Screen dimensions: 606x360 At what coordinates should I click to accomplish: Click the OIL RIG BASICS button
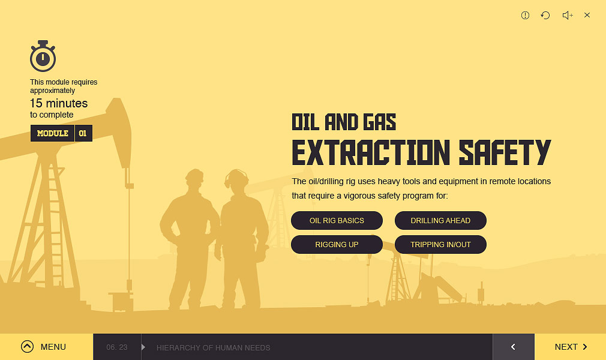point(337,220)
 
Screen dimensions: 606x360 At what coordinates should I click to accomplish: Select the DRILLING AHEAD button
point(440,220)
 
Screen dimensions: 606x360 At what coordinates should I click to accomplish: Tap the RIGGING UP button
point(337,244)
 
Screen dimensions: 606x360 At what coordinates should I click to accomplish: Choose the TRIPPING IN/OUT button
point(440,244)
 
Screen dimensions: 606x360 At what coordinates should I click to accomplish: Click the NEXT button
point(570,347)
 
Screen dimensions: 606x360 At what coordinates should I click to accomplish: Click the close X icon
point(587,15)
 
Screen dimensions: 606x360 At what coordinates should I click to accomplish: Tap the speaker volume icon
point(568,15)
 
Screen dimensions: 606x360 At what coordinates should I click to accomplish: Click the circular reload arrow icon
point(545,15)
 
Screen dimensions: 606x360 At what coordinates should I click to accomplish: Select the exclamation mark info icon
point(525,15)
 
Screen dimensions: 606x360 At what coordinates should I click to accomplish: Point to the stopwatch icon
point(43,56)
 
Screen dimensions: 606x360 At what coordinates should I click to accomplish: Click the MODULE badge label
point(53,133)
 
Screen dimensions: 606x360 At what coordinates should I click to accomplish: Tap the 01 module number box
point(83,133)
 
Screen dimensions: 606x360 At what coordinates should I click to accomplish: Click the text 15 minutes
point(59,103)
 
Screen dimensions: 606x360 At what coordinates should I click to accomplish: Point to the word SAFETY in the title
point(505,152)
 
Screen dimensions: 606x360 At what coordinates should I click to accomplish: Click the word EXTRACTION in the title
point(371,152)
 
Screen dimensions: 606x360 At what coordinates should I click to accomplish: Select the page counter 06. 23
point(117,347)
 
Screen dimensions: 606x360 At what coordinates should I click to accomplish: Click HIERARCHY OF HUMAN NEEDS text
point(214,347)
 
